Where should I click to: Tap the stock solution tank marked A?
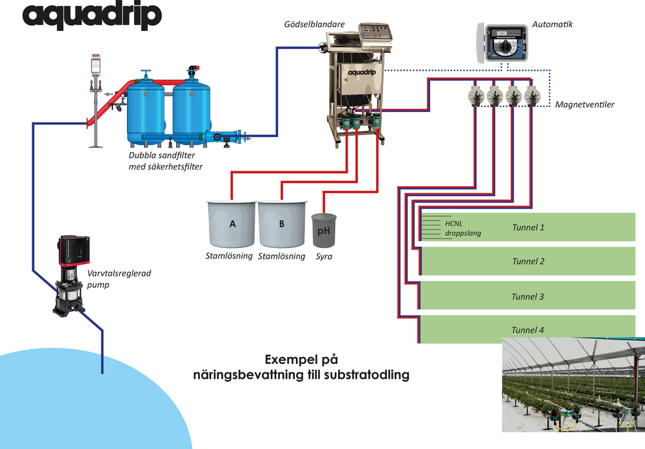231,224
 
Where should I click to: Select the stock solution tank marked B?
283,224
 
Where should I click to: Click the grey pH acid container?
324,231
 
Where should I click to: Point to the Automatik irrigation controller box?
502,43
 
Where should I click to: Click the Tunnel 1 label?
528,227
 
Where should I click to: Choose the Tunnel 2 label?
528,262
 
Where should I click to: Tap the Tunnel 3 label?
528,296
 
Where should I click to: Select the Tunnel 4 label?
528,330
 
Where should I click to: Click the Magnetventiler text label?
584,104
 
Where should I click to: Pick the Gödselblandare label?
314,24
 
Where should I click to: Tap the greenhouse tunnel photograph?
573,385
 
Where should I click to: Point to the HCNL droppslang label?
462,229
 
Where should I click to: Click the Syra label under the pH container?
324,257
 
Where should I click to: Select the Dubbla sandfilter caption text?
165,161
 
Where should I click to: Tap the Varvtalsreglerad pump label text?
119,279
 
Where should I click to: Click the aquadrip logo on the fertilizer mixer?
362,73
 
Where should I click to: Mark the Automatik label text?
552,24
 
